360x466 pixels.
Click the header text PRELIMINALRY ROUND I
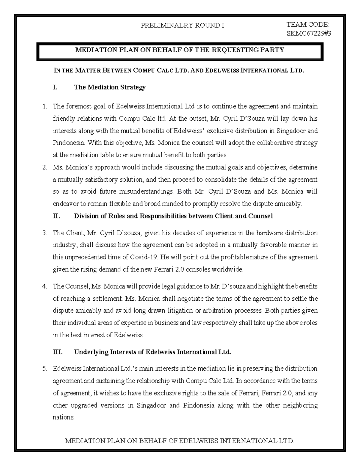[x=182, y=26]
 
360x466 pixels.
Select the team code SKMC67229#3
[x=309, y=34]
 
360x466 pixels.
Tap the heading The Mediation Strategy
[x=109, y=87]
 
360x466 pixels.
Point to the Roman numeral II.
[x=56, y=216]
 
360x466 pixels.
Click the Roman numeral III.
[x=57, y=352]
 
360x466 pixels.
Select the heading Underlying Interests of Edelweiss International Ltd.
[x=152, y=352]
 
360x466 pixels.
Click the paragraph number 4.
[x=45, y=286]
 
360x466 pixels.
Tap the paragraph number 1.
[x=45, y=106]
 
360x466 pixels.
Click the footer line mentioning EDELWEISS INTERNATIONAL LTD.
[x=180, y=441]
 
